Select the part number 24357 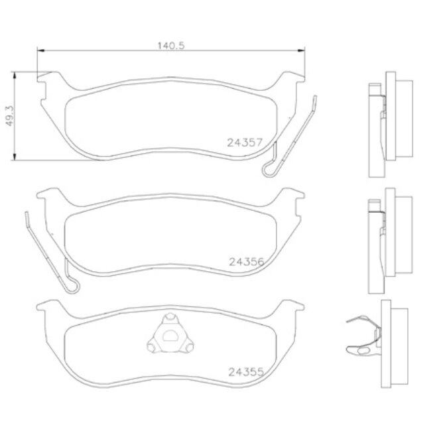tap(246, 142)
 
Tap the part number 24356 tap(246, 262)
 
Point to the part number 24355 tap(246, 372)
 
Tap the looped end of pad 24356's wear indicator tap(72, 286)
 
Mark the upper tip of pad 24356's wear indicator tap(27, 215)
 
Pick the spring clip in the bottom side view tap(361, 335)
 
